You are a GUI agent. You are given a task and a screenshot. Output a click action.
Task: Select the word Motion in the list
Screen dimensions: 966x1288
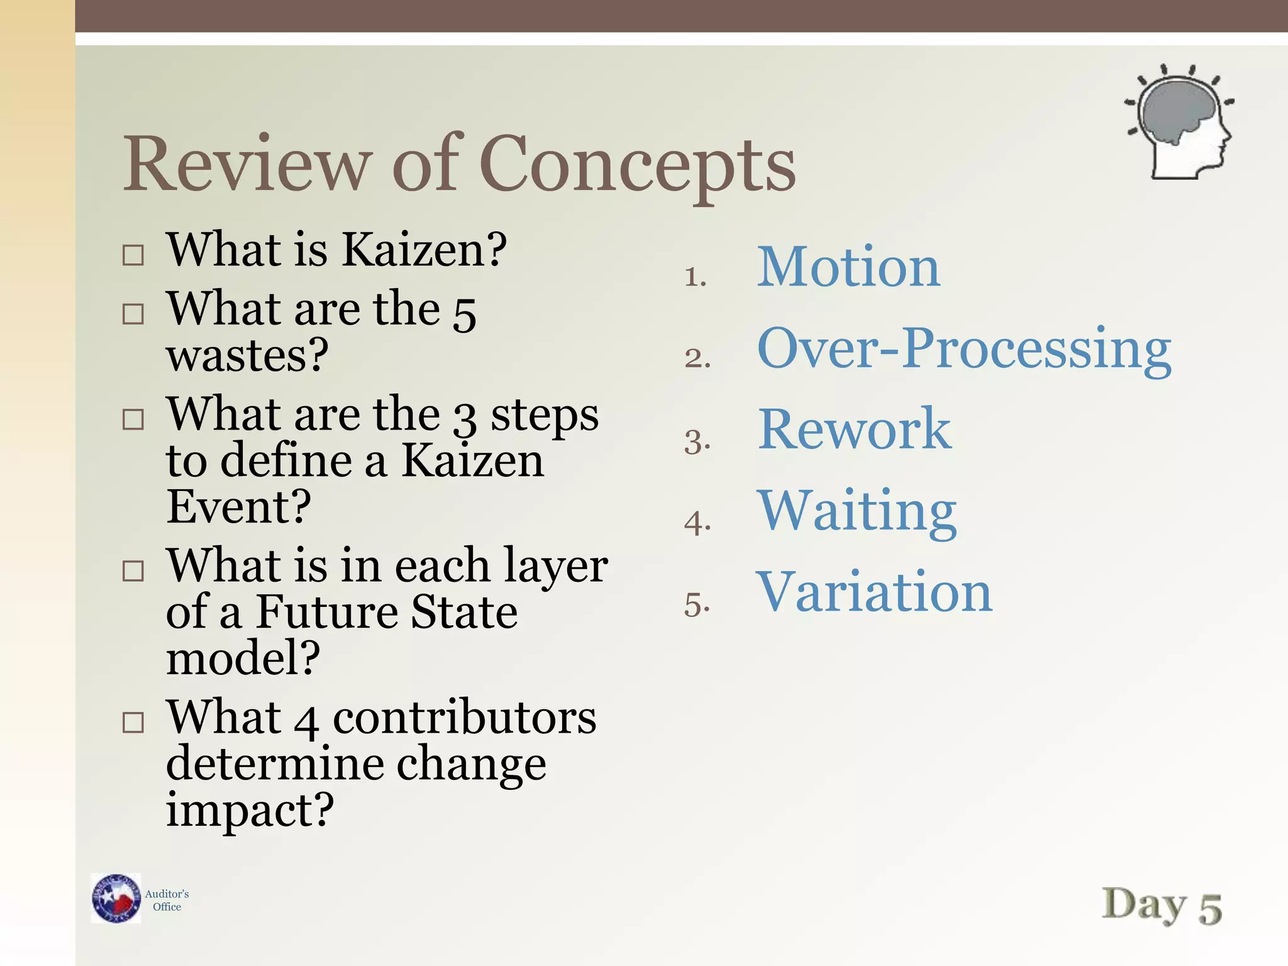tap(848, 267)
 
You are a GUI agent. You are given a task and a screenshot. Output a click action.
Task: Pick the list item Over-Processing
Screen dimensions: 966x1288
tap(964, 350)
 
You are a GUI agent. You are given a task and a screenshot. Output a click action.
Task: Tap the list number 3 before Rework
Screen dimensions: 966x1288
tap(697, 441)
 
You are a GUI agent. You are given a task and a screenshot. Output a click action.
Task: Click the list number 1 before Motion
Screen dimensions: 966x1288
tap(695, 277)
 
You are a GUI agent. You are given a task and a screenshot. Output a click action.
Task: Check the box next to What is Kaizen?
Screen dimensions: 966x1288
tap(133, 255)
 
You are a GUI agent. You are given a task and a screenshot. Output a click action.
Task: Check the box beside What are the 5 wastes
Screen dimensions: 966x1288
tap(133, 314)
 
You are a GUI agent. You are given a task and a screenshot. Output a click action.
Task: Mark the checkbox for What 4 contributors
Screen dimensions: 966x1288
tap(133, 723)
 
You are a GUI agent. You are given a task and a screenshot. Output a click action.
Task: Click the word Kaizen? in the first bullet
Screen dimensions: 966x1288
tap(424, 250)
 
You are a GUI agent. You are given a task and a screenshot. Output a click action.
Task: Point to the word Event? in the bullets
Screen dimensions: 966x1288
tap(238, 506)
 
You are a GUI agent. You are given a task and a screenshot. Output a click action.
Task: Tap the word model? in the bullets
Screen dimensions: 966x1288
tap(243, 658)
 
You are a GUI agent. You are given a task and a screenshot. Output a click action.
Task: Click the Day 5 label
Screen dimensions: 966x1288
tap(1162, 906)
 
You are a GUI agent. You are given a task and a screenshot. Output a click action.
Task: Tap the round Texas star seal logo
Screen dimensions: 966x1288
tap(116, 898)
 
